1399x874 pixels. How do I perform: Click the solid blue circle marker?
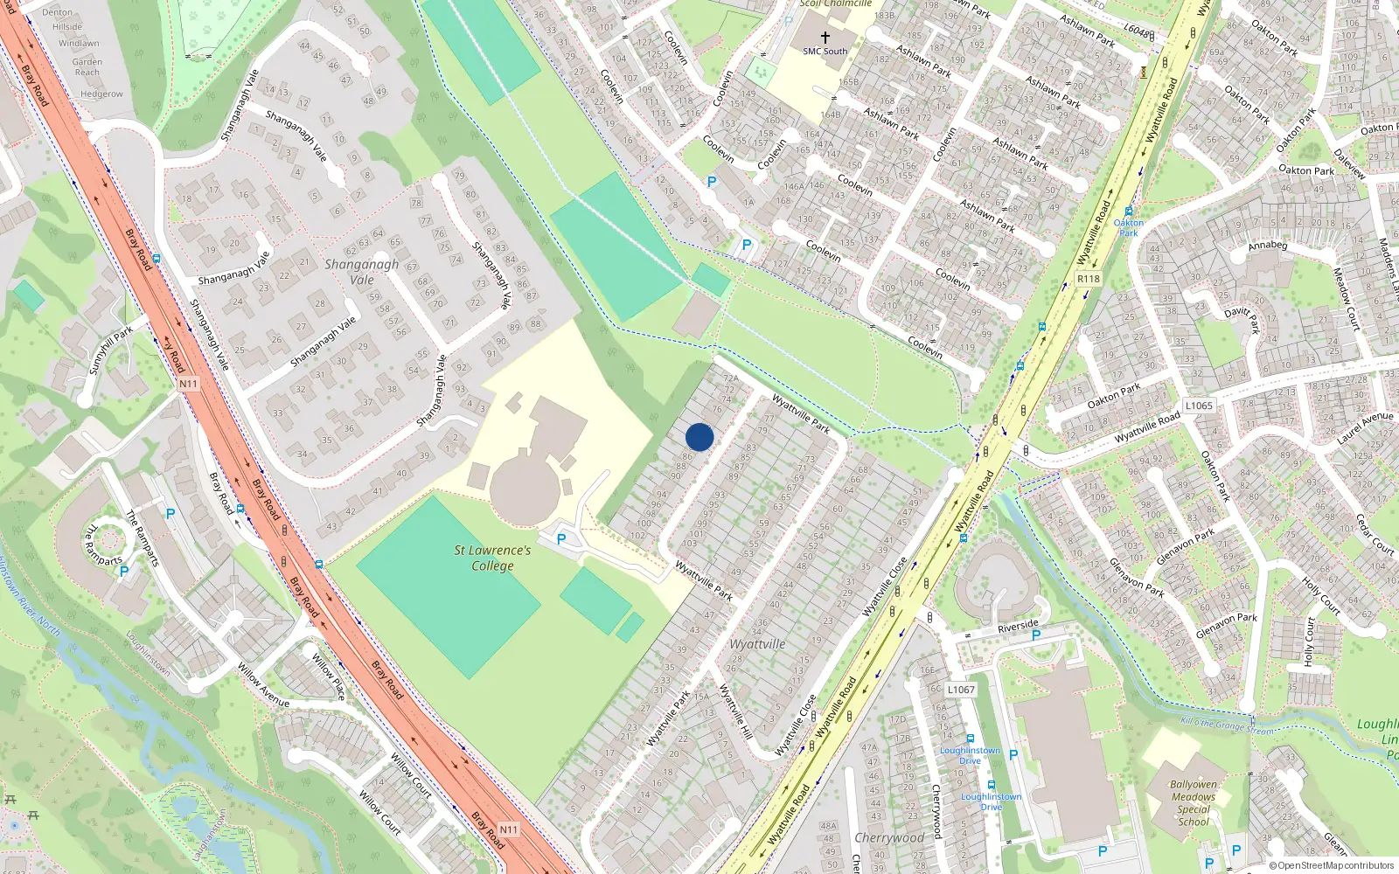click(x=699, y=437)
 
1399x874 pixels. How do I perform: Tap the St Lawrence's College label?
click(x=492, y=558)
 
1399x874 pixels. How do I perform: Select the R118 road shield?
click(x=1088, y=279)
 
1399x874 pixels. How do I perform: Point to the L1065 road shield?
click(x=1199, y=406)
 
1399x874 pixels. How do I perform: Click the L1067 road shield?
click(x=960, y=690)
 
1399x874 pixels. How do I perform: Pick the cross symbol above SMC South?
click(x=825, y=37)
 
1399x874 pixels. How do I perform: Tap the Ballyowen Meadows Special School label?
click(x=1194, y=802)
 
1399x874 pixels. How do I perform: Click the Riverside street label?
click(x=1018, y=626)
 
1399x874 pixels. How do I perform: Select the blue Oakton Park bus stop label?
click(x=1129, y=227)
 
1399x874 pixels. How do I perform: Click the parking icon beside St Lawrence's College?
click(x=561, y=539)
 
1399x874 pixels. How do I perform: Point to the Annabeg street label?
click(x=1267, y=246)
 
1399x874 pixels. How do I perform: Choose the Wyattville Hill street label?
click(x=735, y=711)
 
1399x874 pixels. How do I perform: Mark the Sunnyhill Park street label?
click(x=111, y=350)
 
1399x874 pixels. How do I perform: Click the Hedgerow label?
click(x=101, y=94)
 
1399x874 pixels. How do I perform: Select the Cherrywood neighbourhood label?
click(x=889, y=837)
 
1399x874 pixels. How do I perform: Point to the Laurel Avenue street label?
click(x=1365, y=427)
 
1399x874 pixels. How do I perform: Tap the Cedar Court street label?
click(x=1375, y=533)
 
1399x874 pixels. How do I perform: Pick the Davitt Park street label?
click(x=1242, y=319)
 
